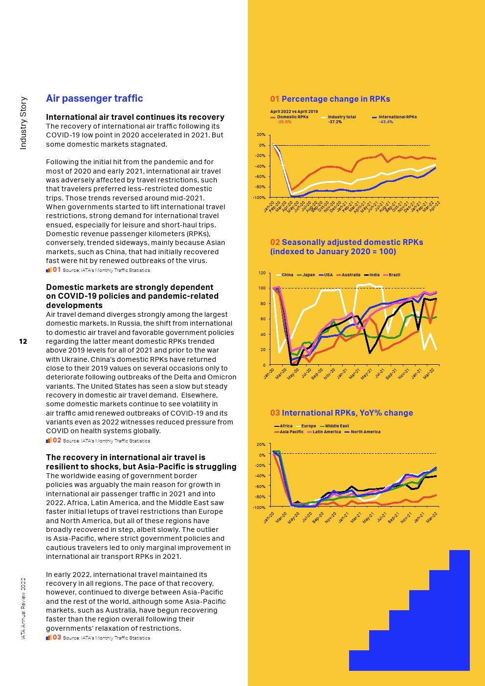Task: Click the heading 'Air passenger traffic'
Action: click(x=94, y=98)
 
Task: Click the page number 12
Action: click(x=23, y=341)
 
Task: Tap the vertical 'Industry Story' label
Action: click(x=23, y=123)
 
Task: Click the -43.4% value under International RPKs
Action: click(x=386, y=122)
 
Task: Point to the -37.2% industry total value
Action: click(x=335, y=122)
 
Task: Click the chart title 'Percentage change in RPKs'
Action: click(x=335, y=99)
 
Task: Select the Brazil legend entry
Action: click(x=392, y=275)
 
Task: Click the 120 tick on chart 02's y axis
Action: click(x=262, y=272)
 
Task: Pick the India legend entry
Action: click(x=372, y=275)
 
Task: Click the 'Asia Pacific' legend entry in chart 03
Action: click(x=289, y=432)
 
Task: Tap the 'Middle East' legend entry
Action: click(x=334, y=426)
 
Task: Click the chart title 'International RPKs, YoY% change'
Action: click(x=347, y=413)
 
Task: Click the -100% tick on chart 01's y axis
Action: click(x=259, y=198)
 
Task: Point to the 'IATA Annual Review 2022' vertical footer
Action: click(x=23, y=608)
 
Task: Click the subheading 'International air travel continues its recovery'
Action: click(x=135, y=117)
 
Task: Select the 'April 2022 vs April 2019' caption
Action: click(x=294, y=111)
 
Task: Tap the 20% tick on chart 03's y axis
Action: click(x=261, y=444)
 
